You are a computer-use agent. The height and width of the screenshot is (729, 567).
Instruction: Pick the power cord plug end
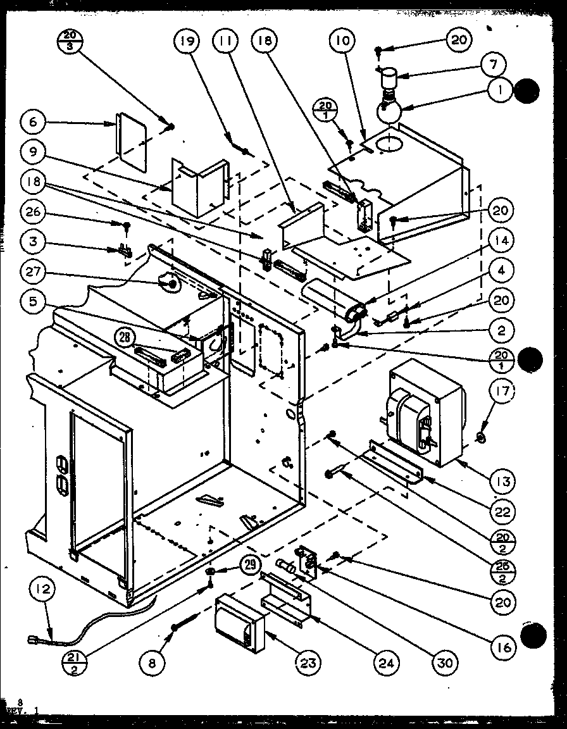pos(34,644)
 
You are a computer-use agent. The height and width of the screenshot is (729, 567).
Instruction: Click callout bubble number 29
pos(250,563)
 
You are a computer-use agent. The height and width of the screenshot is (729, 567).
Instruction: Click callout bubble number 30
pos(446,663)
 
